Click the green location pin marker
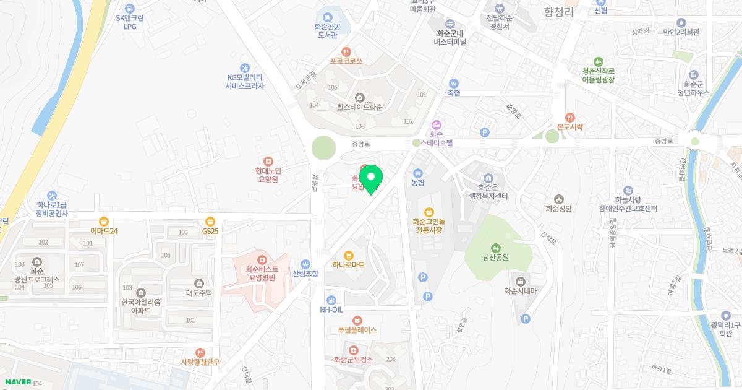pyautogui.click(x=371, y=179)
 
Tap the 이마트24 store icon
pyautogui.click(x=104, y=221)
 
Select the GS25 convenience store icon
pyautogui.click(x=210, y=221)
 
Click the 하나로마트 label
pyautogui.click(x=349, y=265)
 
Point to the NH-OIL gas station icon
pyautogui.click(x=330, y=300)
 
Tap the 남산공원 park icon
pyautogui.click(x=495, y=248)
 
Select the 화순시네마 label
pyautogui.click(x=525, y=291)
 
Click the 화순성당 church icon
pyautogui.click(x=558, y=199)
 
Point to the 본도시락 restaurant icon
pyautogui.click(x=570, y=116)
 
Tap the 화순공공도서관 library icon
pyautogui.click(x=327, y=17)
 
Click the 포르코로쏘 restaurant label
pyautogui.click(x=346, y=62)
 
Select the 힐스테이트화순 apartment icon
pyautogui.click(x=359, y=97)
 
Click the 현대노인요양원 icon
pyautogui.click(x=268, y=161)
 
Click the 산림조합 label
pyautogui.click(x=305, y=274)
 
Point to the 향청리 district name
pyautogui.click(x=559, y=12)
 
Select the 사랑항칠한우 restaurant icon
pyautogui.click(x=200, y=352)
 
